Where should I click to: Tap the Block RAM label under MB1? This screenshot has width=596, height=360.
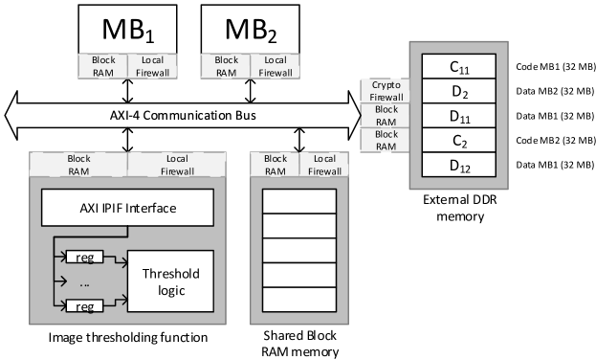pyautogui.click(x=103, y=65)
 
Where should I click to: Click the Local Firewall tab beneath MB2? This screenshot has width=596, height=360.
pyautogui.click(x=275, y=65)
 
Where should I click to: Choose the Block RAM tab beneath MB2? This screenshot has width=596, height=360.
pyautogui.click(x=226, y=65)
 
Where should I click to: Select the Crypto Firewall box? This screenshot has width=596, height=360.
pyautogui.click(x=385, y=91)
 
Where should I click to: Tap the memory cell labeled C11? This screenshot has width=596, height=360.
pyautogui.click(x=458, y=67)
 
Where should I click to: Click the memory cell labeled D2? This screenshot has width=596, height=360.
pyautogui.click(x=458, y=92)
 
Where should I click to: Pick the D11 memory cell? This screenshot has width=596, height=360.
pyautogui.click(x=458, y=117)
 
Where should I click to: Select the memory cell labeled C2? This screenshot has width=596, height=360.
pyautogui.click(x=458, y=142)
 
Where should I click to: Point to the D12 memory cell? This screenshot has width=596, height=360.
pyautogui.click(x=458, y=167)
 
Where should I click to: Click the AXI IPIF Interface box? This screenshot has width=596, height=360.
pyautogui.click(x=126, y=207)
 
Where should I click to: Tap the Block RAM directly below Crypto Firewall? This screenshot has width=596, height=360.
pyautogui.click(x=385, y=116)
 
